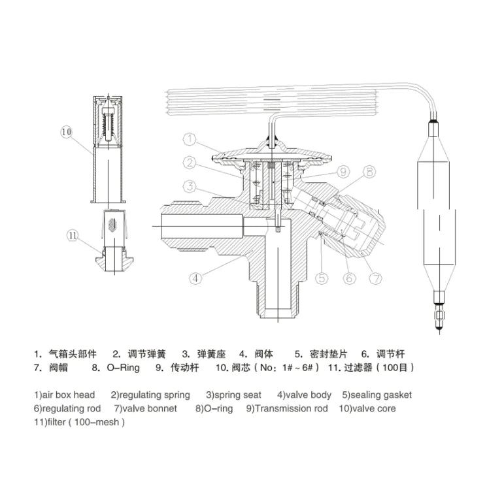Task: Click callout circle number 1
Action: [x=190, y=139]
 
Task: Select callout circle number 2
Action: [x=190, y=162]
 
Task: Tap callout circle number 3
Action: [x=190, y=187]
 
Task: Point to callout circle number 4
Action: [x=195, y=278]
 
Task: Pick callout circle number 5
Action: [x=322, y=278]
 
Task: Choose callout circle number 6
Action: [x=349, y=278]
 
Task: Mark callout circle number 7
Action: [x=375, y=278]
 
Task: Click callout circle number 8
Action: [x=369, y=171]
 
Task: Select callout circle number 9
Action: [x=343, y=171]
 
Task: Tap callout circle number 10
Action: [x=66, y=132]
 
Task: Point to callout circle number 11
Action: [x=73, y=236]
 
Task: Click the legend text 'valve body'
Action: [x=308, y=395]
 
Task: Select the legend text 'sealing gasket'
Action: [x=381, y=395]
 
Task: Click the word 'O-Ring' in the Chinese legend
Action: [x=124, y=368]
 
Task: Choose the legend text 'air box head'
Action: [x=69, y=395]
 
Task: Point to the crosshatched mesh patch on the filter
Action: [x=112, y=225]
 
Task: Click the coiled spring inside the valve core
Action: [x=108, y=126]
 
